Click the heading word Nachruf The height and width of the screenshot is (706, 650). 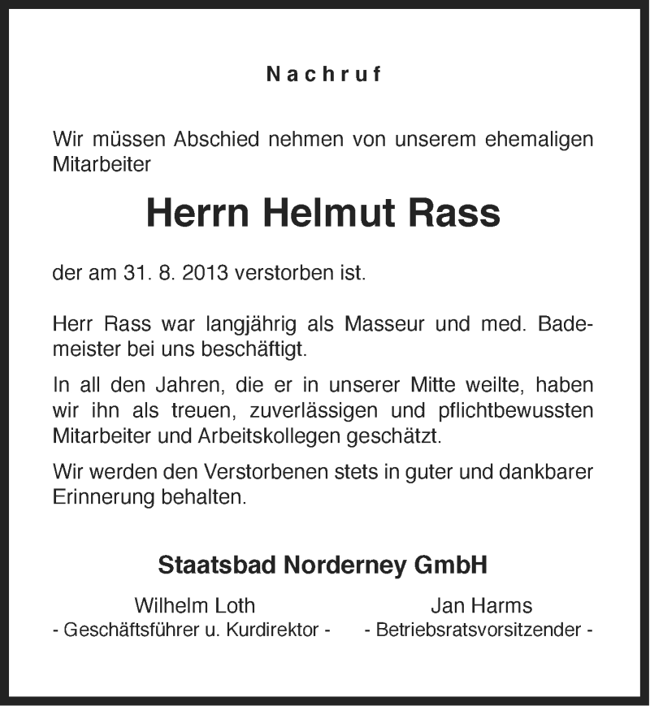[324, 75]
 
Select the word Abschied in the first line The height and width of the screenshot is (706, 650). [214, 139]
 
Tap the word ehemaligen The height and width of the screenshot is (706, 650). [536, 139]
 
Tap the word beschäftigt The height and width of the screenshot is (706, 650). [262, 352]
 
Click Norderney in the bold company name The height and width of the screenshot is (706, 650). [349, 565]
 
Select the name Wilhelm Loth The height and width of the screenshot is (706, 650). [195, 605]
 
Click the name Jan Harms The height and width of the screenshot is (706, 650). [481, 605]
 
